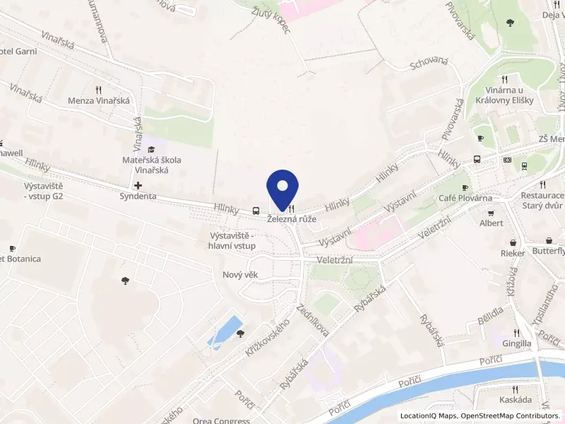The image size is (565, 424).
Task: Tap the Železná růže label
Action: [291, 220]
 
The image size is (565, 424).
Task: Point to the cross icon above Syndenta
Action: [138, 184]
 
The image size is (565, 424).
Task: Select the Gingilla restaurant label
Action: [516, 343]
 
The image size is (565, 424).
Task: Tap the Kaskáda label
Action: [523, 400]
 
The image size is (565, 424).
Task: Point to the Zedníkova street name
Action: [314, 320]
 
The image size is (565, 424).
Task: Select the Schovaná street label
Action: [429, 64]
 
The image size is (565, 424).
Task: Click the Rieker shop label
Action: [513, 253]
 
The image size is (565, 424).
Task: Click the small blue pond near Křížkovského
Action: [225, 331]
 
